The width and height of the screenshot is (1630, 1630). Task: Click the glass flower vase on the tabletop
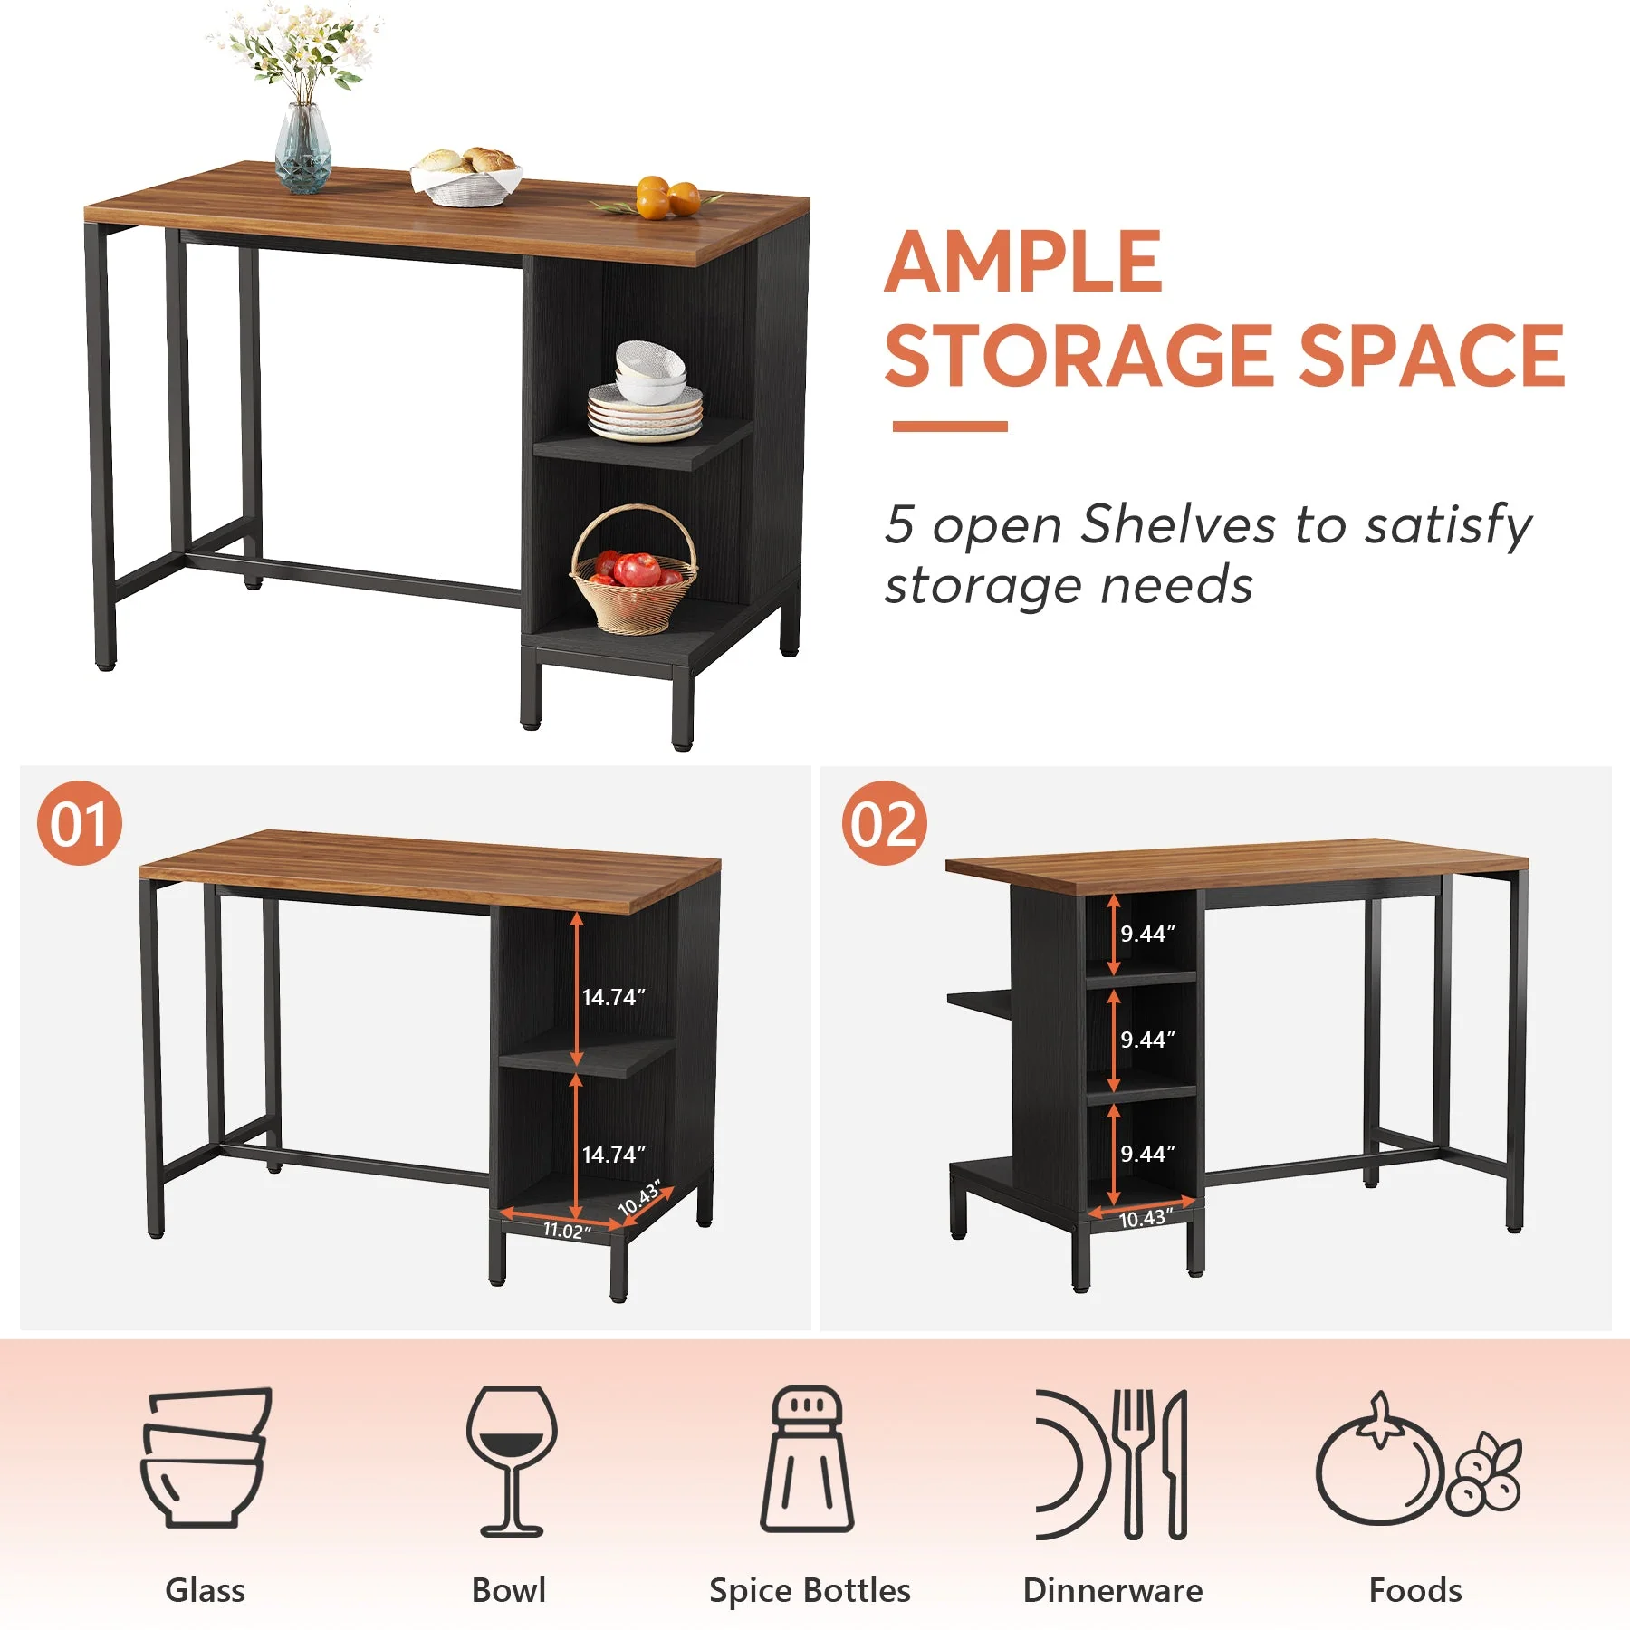pos(302,149)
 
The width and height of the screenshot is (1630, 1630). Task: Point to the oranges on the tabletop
pos(668,197)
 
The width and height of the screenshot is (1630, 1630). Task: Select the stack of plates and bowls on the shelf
pos(645,391)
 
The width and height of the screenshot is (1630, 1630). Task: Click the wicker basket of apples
pos(633,570)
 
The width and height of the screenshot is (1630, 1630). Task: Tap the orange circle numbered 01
pos(80,823)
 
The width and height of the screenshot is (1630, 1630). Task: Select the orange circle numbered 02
pos(884,823)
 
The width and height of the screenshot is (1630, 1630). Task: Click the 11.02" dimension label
pos(567,1230)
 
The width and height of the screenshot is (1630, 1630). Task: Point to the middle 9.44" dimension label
pos(1147,1040)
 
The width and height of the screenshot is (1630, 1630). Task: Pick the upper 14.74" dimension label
pos(613,997)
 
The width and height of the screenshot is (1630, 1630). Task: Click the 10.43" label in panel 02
pos(1146,1218)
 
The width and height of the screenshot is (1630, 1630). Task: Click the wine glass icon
pos(512,1461)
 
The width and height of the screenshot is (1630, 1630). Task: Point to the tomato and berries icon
pos(1418,1459)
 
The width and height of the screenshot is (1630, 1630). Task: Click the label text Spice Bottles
pos(810,1590)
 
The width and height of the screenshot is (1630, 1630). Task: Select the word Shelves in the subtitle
pos(1180,524)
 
